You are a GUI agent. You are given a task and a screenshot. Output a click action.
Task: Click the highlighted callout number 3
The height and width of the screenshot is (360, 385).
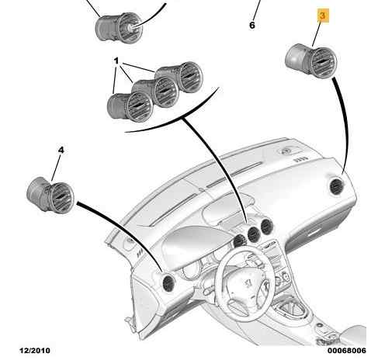click(323, 16)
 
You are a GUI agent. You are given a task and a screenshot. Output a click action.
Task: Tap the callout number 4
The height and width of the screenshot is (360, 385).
click(61, 150)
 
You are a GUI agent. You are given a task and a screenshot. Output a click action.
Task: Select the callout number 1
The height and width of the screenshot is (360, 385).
click(116, 61)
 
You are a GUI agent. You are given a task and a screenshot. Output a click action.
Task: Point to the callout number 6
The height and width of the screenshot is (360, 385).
click(252, 26)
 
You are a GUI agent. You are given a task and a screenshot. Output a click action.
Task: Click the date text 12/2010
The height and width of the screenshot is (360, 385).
click(35, 351)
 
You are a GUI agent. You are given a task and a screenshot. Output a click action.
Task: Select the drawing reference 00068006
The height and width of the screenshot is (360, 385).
click(347, 351)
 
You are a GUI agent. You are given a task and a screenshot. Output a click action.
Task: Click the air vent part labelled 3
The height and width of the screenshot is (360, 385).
click(310, 61)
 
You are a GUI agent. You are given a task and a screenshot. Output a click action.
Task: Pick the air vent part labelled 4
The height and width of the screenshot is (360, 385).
click(50, 196)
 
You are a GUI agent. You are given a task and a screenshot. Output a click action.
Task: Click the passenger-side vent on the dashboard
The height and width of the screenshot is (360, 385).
click(337, 186)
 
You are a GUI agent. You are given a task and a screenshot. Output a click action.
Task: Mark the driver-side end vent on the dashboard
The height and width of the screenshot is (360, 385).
click(168, 284)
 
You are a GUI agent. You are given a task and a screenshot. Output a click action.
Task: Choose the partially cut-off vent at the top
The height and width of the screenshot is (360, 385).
click(120, 27)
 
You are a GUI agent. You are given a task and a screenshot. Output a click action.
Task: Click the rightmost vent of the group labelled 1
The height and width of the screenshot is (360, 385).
click(179, 77)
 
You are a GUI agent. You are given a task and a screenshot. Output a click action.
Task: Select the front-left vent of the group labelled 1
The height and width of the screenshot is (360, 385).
click(130, 106)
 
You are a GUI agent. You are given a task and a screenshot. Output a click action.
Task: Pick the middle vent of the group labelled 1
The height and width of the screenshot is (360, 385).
click(155, 92)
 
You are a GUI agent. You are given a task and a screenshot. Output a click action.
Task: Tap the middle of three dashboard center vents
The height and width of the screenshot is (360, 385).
click(254, 234)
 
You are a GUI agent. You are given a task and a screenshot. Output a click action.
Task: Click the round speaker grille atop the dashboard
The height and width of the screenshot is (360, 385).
click(286, 151)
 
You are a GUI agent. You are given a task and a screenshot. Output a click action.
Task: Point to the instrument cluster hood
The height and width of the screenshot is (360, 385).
click(196, 243)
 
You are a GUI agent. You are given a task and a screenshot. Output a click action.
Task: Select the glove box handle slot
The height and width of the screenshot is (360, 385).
click(314, 233)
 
